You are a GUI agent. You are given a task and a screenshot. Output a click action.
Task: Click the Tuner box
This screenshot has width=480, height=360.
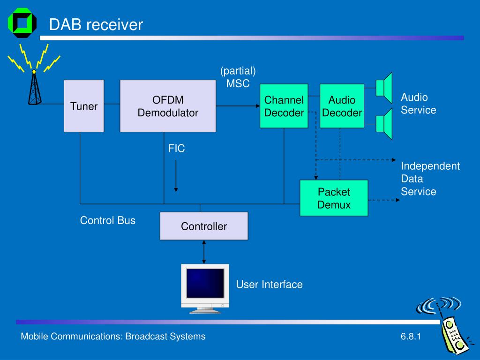(x=84, y=106)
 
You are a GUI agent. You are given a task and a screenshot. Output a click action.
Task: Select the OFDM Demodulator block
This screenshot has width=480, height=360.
(x=168, y=106)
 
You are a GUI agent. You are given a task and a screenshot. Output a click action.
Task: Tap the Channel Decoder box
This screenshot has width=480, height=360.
(x=284, y=106)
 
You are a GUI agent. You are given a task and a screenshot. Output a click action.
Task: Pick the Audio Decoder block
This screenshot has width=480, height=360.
(x=342, y=106)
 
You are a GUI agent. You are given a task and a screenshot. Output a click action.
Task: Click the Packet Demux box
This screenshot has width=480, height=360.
(x=334, y=198)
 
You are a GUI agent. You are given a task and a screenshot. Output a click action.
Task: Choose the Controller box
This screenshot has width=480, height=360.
(x=204, y=226)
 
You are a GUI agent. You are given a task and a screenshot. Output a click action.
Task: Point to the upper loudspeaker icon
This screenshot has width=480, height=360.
(x=384, y=88)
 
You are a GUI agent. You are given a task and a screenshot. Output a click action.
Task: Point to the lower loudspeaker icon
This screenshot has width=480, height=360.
(x=384, y=124)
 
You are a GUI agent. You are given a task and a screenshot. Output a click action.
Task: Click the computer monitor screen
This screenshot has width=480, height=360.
(x=205, y=283)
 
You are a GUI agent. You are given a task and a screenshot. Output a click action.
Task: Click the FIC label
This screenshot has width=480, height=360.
(x=176, y=149)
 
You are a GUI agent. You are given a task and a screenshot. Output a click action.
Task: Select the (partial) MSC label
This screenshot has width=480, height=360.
(x=238, y=77)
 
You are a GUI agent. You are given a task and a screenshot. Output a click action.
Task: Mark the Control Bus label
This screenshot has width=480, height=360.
(x=107, y=220)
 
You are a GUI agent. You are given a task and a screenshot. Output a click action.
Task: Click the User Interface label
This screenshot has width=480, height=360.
(x=270, y=285)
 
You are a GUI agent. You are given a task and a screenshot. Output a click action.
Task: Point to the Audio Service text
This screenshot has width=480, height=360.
(x=419, y=104)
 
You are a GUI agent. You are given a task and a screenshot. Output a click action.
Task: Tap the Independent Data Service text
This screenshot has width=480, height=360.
(x=430, y=179)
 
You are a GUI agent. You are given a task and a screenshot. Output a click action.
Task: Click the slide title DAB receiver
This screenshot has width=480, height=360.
(x=96, y=24)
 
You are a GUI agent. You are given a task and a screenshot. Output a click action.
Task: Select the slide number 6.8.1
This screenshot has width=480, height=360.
(x=411, y=337)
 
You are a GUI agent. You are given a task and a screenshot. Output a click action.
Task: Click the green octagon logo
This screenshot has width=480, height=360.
(x=22, y=23)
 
